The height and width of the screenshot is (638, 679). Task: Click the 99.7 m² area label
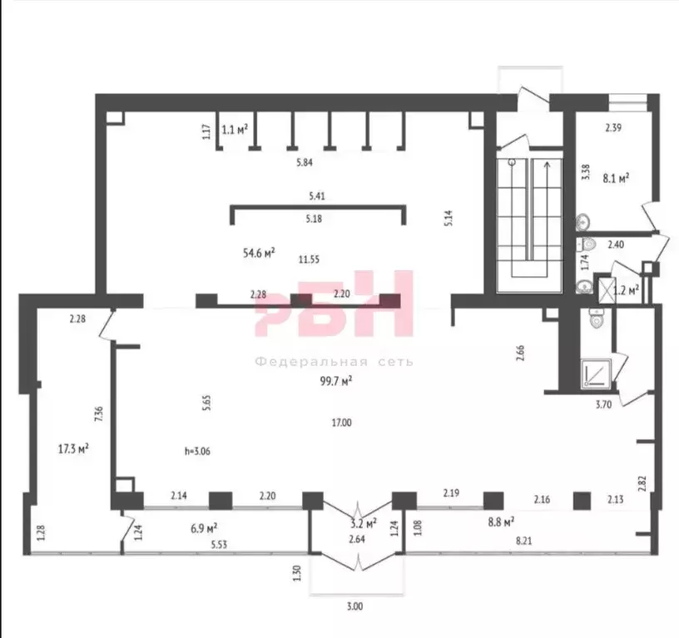(335, 381)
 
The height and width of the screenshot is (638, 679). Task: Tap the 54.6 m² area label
(259, 253)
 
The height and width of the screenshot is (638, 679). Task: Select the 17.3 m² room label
(73, 448)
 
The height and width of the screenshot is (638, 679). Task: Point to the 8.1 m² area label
(616, 178)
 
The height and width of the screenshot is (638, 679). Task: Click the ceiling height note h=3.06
(197, 452)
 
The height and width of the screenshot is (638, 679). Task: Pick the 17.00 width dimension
(342, 423)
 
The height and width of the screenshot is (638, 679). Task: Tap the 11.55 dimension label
(310, 260)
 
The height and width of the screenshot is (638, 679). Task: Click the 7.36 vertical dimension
(99, 414)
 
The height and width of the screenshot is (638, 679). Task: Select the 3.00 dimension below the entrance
(354, 606)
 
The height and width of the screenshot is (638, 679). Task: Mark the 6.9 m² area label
(204, 528)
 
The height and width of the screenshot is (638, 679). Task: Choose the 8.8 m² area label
(502, 522)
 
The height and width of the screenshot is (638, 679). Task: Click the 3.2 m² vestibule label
(364, 524)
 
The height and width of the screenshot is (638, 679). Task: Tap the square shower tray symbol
(596, 373)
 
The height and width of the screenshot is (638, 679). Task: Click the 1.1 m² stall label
(235, 129)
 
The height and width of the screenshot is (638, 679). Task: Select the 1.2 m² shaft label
(627, 289)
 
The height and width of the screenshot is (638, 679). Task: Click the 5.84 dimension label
(305, 163)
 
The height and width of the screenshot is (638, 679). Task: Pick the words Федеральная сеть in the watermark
(334, 361)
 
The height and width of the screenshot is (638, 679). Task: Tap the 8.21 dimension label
(524, 541)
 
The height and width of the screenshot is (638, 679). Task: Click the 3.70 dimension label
(603, 406)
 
